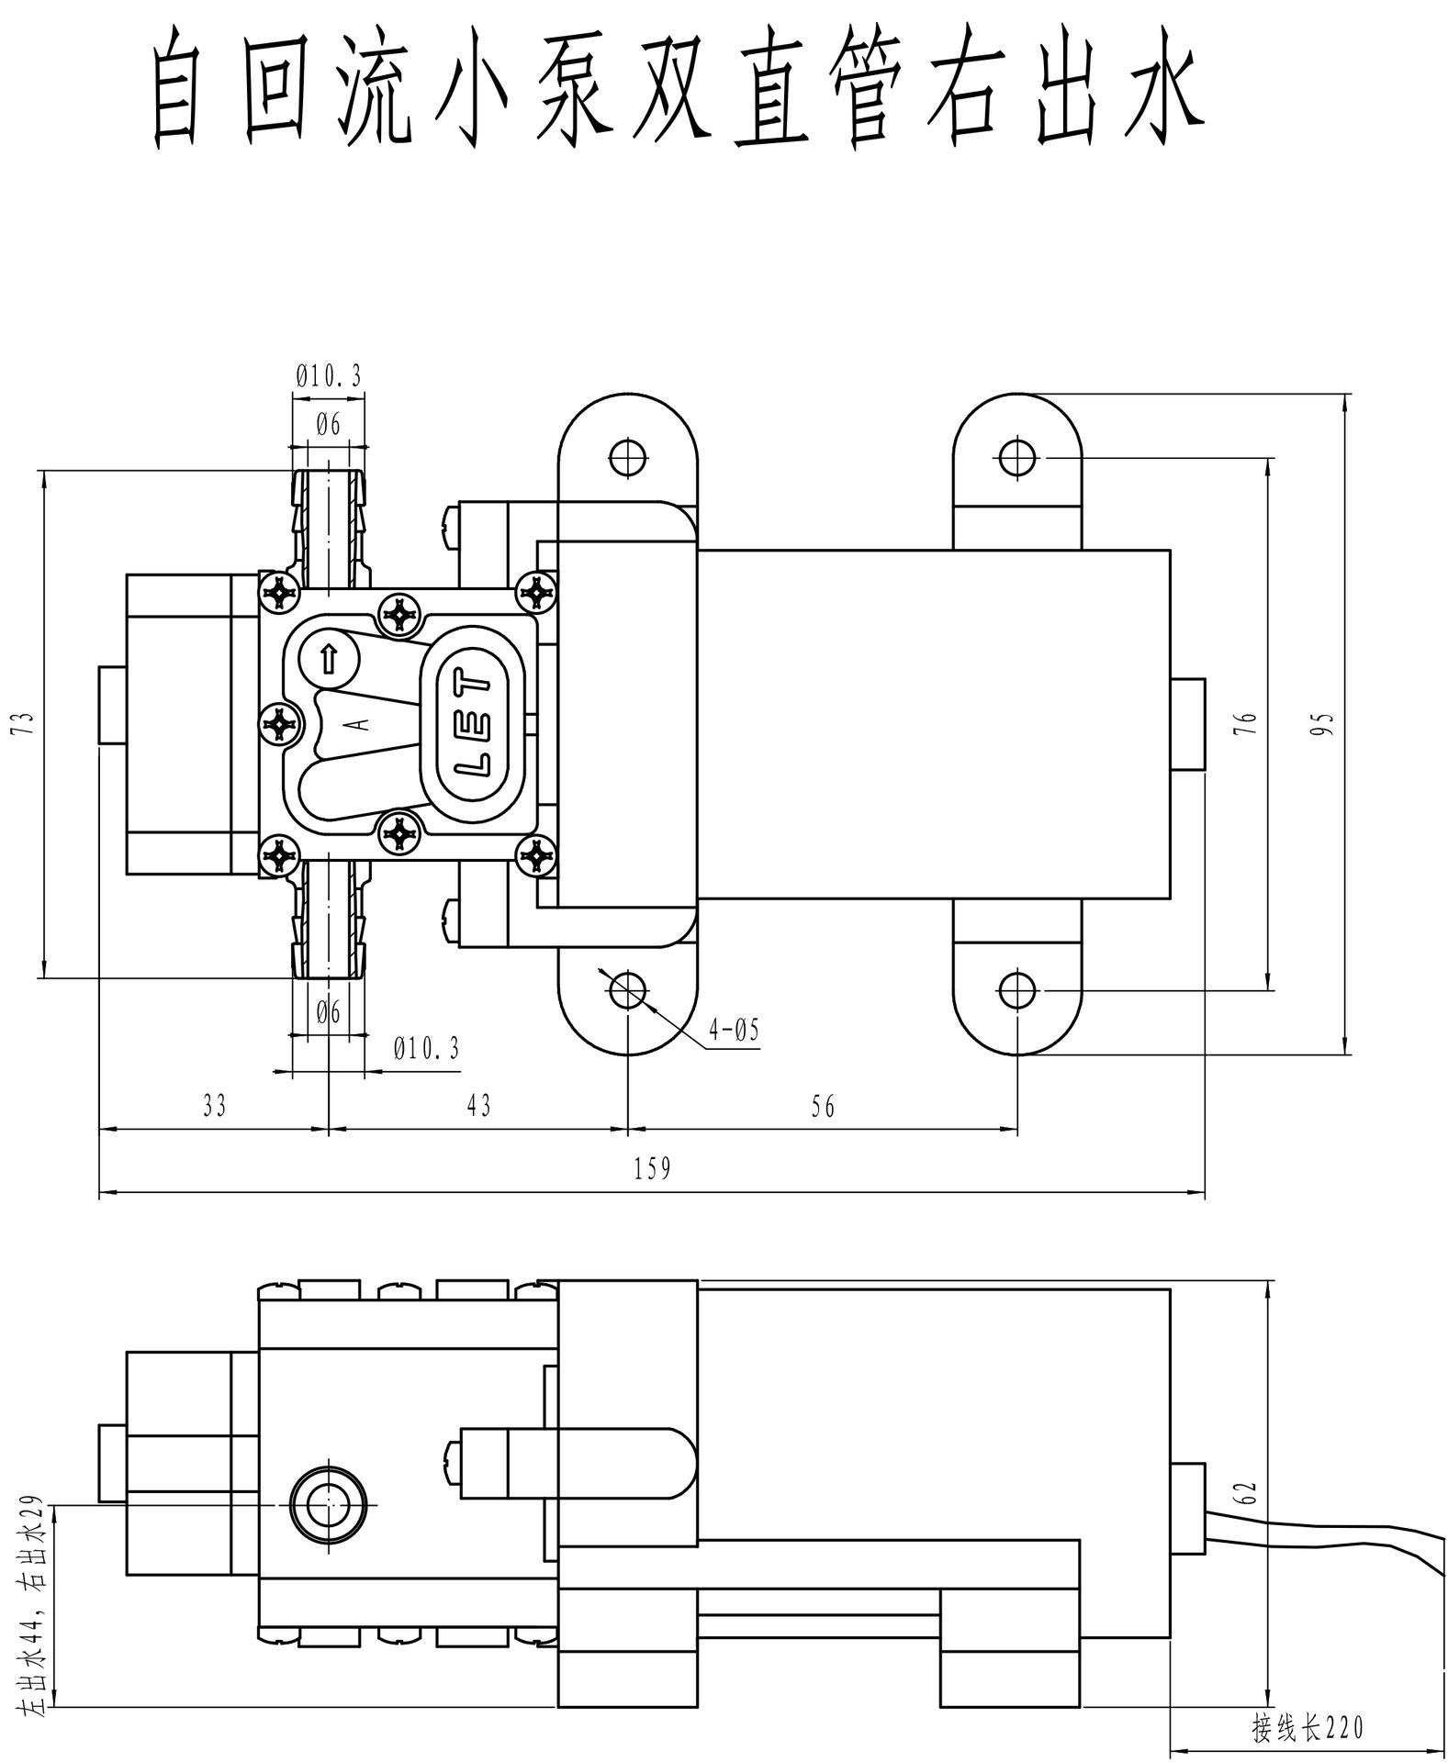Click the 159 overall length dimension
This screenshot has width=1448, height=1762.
652,1168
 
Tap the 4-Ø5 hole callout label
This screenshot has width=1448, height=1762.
733,1030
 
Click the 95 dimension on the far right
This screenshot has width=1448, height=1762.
1326,724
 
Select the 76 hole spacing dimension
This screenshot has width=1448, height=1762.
1249,724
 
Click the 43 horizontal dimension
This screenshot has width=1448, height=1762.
478,1105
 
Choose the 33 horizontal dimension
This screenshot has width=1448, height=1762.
214,1105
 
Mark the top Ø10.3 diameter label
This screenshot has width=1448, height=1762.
329,375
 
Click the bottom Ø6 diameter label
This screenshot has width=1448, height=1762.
329,1012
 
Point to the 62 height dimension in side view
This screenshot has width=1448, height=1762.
1249,1492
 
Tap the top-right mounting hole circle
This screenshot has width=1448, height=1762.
1016,456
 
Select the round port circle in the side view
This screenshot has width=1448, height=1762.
328,1505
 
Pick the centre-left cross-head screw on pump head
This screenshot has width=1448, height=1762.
279,724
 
